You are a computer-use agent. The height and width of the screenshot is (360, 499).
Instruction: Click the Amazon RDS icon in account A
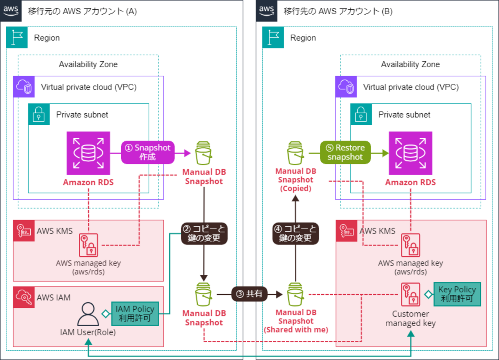point(88,153)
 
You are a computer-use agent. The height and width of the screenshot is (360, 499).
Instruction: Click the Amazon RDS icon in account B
point(410,153)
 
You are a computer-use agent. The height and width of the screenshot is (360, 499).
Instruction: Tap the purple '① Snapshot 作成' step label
point(148,152)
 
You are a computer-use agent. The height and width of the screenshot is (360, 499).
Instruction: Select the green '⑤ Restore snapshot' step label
point(345,152)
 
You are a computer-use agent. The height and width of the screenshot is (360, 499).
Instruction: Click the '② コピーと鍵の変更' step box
point(204,233)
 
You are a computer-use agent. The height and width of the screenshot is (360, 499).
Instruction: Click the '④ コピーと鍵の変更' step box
point(296,233)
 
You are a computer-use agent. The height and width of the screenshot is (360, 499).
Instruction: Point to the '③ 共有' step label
point(249,294)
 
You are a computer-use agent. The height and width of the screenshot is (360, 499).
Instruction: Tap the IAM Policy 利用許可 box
point(135,314)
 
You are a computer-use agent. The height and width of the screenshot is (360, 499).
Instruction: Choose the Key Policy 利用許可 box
point(457,294)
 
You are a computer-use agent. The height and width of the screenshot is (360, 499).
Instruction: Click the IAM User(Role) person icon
point(88,314)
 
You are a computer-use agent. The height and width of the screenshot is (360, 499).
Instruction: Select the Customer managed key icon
point(410,294)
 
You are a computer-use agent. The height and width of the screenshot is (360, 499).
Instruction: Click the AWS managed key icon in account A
point(88,245)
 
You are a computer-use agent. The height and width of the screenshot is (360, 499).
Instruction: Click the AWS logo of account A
point(11,10)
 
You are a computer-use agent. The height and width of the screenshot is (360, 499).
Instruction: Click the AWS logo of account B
point(266,10)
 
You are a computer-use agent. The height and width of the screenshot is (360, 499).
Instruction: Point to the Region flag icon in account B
point(273,37)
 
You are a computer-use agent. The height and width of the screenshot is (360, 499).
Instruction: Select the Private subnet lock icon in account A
point(39,114)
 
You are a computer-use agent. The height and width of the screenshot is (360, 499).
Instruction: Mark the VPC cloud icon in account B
point(346,87)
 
